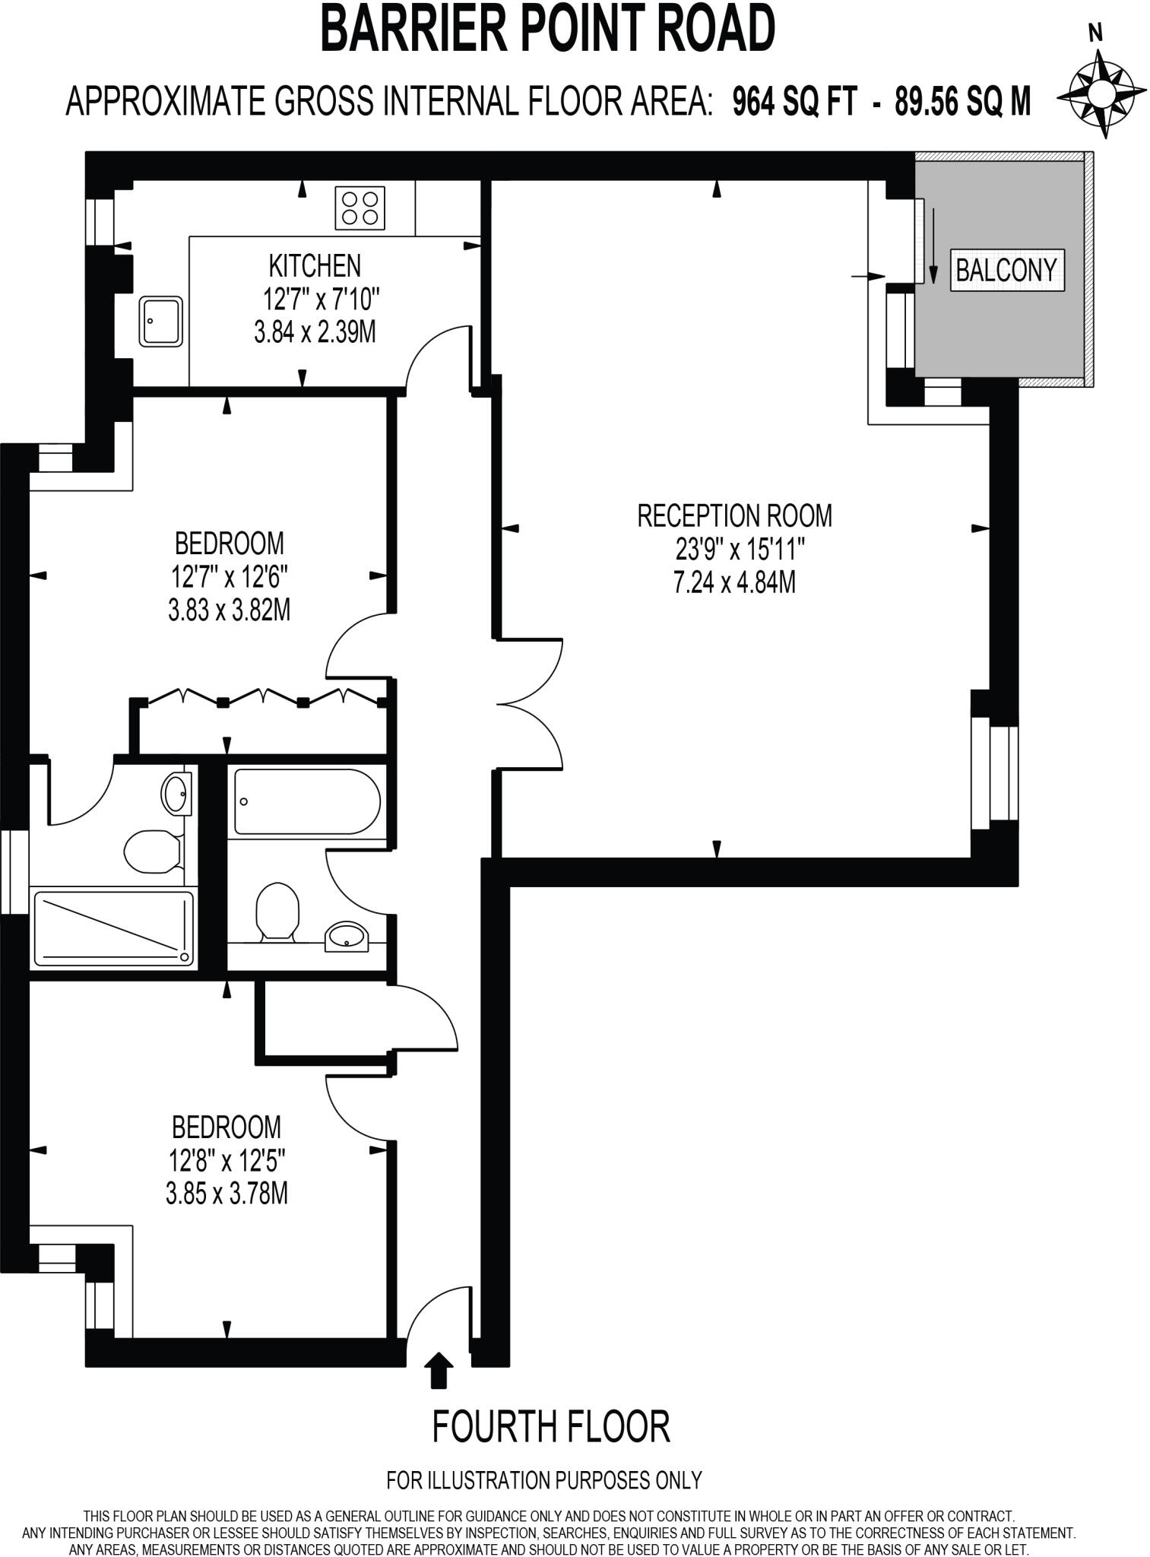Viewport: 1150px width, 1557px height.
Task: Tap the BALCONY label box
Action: point(1006,270)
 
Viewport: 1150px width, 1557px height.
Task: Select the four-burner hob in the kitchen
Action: point(360,208)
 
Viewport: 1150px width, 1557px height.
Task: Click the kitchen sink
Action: point(160,322)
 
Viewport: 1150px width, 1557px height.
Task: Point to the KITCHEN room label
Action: point(315,266)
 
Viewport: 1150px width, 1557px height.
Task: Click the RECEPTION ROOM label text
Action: point(734,515)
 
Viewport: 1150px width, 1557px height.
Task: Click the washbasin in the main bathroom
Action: point(347,936)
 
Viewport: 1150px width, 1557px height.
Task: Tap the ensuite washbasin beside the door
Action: point(176,794)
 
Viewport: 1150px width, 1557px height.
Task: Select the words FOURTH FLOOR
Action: point(551,1426)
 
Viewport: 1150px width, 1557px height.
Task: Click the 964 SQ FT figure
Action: point(794,100)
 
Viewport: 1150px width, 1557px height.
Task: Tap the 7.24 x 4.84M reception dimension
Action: point(734,582)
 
